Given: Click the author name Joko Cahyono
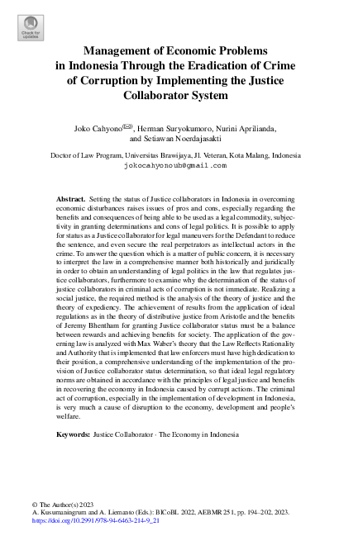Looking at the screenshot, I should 94,130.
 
